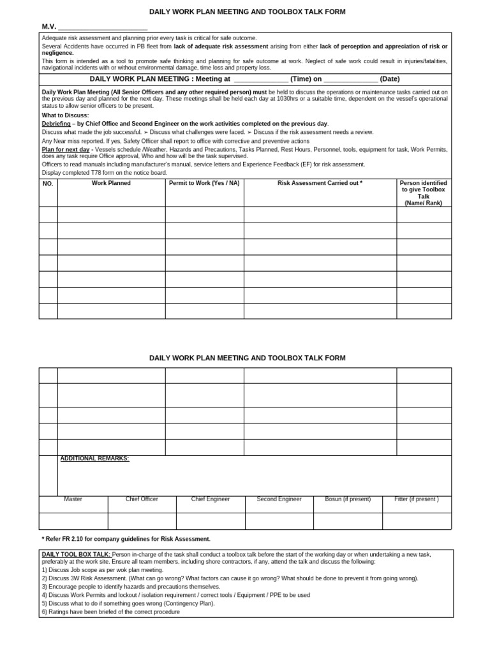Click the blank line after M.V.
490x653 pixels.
pyautogui.click(x=103, y=27)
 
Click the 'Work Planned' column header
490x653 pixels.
pyautogui.click(x=111, y=183)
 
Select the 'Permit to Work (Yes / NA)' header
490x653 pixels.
pyautogui.click(x=204, y=183)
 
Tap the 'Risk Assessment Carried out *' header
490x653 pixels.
pyautogui.click(x=320, y=183)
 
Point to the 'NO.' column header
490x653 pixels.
pyautogui.click(x=48, y=184)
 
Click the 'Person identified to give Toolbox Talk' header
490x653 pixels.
pyautogui.click(x=423, y=193)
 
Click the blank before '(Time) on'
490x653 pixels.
pyautogui.click(x=261, y=79)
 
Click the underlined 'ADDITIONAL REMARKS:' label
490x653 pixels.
pyautogui.click(x=94, y=459)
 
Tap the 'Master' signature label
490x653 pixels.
pyautogui.click(x=73, y=499)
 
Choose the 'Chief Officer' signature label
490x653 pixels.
pyautogui.click(x=142, y=499)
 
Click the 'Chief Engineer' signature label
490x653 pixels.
pyautogui.click(x=211, y=499)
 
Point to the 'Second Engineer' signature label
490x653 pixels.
pyautogui.click(x=279, y=499)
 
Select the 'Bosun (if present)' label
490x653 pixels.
pyautogui.click(x=348, y=499)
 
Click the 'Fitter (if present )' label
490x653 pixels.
pyautogui.click(x=417, y=499)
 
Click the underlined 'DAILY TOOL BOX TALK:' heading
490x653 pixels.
pyautogui.click(x=77, y=555)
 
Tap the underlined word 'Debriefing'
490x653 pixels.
pyautogui.click(x=56, y=123)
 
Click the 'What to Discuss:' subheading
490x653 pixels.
pyautogui.click(x=66, y=115)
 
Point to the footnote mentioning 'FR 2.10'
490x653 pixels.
pyautogui.click(x=126, y=539)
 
